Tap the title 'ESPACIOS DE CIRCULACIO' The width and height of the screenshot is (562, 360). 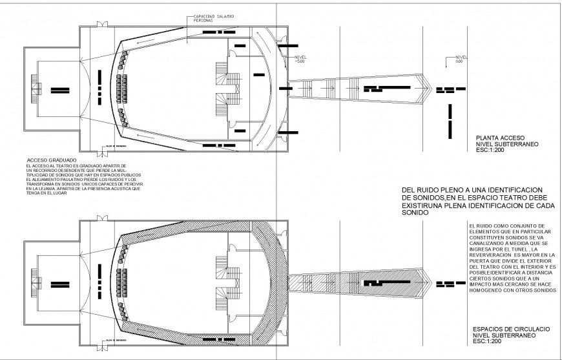pyautogui.click(x=511, y=329)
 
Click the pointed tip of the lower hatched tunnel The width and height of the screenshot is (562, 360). pyautogui.click(x=431, y=283)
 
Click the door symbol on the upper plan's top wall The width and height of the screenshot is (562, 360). pyautogui.click(x=101, y=24)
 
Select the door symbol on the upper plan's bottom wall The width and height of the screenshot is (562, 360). pyautogui.click(x=101, y=153)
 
